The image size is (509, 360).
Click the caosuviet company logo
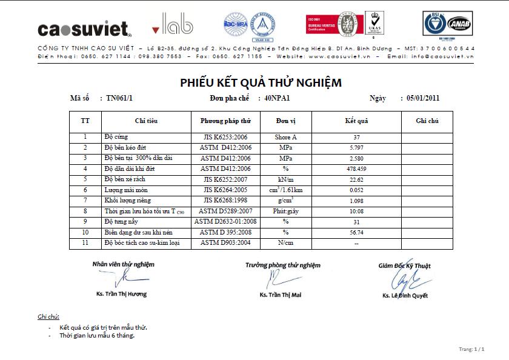point(84,28)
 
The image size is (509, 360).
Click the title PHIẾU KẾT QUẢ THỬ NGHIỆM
point(261,83)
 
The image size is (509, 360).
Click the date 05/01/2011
point(423,98)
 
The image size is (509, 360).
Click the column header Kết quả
point(356,121)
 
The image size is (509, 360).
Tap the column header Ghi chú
point(427,121)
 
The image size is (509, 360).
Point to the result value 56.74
point(356,232)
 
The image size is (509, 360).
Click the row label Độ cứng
point(116,138)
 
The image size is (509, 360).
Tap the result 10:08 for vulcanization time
point(356,211)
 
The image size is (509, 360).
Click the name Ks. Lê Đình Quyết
point(405,296)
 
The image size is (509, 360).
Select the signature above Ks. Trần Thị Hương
point(122,278)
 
